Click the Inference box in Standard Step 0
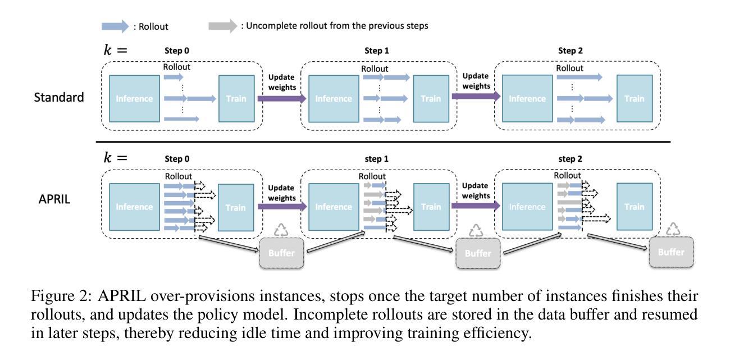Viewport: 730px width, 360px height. [x=134, y=98]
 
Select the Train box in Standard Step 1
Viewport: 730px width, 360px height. [x=431, y=98]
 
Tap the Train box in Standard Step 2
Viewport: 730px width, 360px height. [x=634, y=98]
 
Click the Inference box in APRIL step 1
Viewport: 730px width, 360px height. [x=334, y=207]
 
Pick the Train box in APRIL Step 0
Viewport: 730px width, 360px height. [x=235, y=207]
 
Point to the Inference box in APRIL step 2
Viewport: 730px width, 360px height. [x=527, y=207]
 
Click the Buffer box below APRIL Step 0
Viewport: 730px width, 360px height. [x=281, y=253]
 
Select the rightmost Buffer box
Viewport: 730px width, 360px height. [x=671, y=252]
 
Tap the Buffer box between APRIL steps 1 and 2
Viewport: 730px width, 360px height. [x=477, y=253]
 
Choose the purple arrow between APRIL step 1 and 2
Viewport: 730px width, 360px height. [x=476, y=206]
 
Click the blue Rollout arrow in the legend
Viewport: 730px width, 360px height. [x=115, y=26]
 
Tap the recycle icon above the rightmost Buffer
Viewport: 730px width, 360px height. [x=673, y=229]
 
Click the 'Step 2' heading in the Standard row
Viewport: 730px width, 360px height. [x=571, y=51]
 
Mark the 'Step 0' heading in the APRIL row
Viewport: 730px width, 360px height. [x=177, y=159]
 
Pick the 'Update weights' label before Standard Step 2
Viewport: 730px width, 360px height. [x=475, y=81]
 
